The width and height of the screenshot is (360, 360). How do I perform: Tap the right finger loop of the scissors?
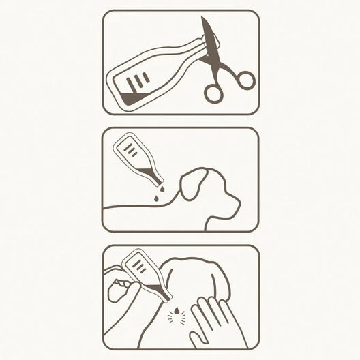tap(245, 80)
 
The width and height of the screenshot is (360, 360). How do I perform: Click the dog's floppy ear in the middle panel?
tap(193, 183)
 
